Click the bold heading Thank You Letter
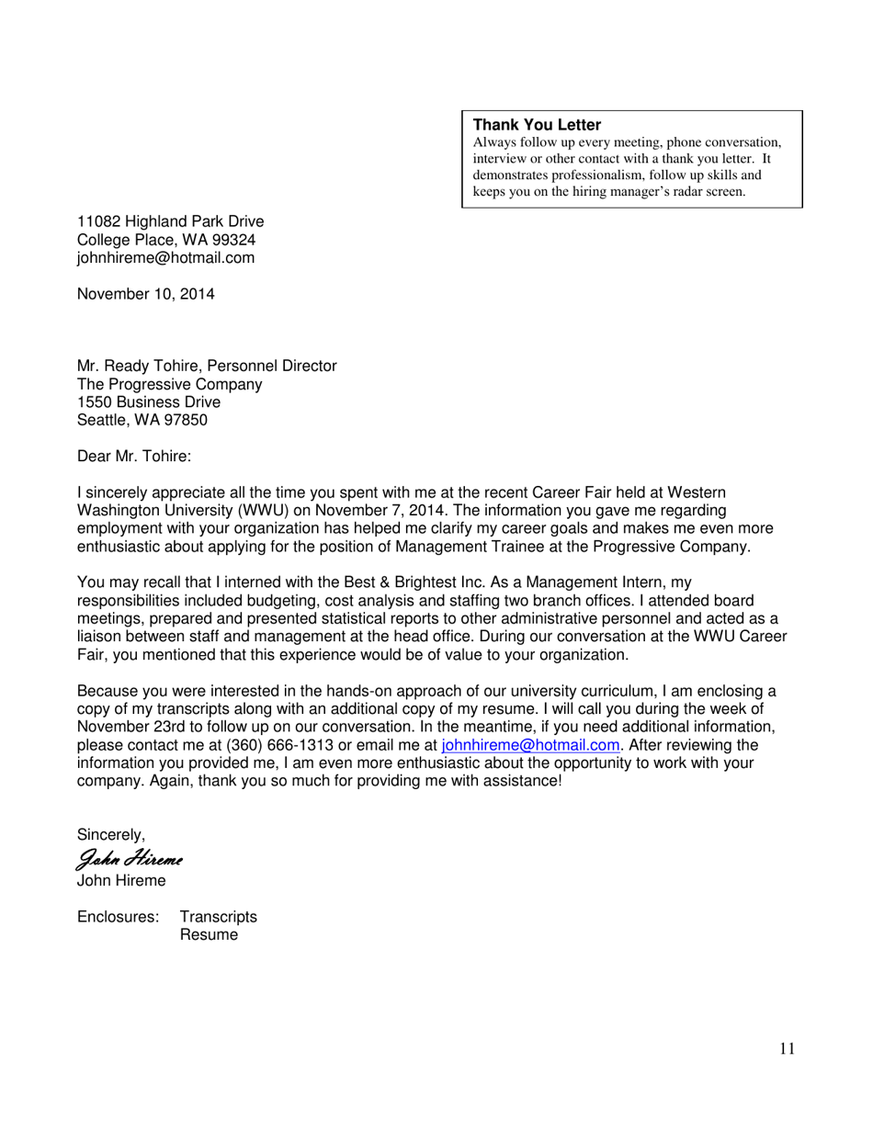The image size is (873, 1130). (x=537, y=125)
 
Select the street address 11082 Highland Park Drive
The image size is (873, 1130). (x=170, y=221)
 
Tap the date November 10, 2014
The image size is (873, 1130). (x=145, y=294)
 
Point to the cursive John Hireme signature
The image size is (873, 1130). (x=130, y=860)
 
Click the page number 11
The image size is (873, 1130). (x=787, y=1049)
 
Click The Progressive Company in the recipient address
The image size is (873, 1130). (x=169, y=384)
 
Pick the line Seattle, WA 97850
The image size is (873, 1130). (x=142, y=420)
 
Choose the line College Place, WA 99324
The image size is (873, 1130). (x=165, y=240)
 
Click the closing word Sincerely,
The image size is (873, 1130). (x=110, y=835)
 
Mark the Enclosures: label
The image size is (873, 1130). (x=118, y=917)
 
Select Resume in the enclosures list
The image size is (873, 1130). (x=209, y=935)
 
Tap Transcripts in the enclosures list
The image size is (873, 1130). (x=218, y=917)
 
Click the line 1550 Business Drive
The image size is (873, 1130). (x=148, y=402)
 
